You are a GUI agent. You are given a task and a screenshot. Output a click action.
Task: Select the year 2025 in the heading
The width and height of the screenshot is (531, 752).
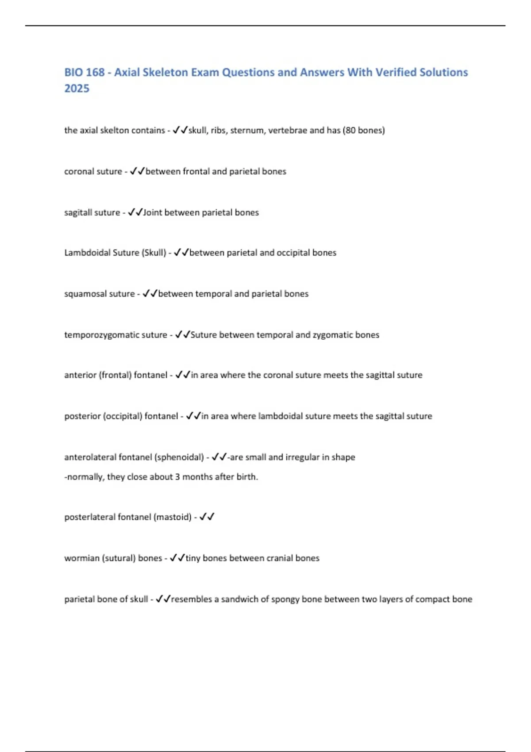[77, 88]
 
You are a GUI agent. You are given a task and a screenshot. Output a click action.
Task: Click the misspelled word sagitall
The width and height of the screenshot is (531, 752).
[78, 212]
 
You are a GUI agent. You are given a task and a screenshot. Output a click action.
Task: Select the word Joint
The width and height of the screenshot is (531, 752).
[153, 212]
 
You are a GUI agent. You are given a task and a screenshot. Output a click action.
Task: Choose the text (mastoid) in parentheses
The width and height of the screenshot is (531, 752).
[172, 517]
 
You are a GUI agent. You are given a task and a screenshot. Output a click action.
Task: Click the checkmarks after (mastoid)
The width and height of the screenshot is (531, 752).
[207, 517]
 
